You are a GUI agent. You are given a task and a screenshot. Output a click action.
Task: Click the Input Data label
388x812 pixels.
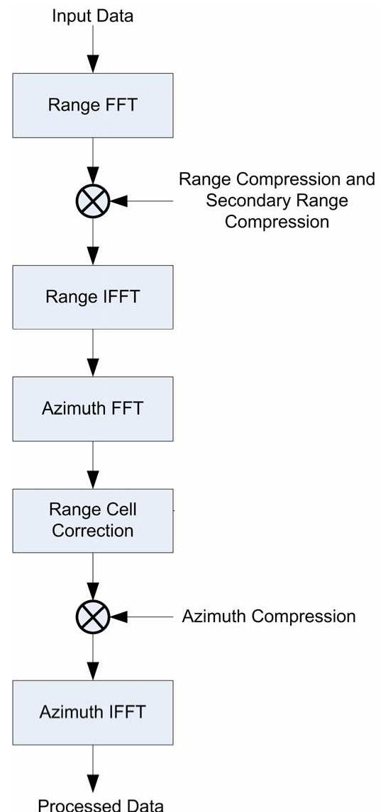click(92, 16)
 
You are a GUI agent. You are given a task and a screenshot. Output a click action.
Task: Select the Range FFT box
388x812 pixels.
click(92, 105)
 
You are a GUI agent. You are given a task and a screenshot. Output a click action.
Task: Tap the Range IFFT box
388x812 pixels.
click(92, 297)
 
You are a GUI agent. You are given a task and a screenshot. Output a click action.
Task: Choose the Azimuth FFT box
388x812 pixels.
click(92, 408)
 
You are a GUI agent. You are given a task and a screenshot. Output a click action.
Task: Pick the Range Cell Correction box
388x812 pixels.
click(92, 520)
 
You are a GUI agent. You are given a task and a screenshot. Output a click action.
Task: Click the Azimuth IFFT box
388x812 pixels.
click(92, 711)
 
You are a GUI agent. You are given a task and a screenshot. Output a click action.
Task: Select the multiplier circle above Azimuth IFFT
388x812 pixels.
click(92, 616)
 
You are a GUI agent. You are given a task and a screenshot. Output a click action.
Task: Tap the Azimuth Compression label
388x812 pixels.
click(268, 616)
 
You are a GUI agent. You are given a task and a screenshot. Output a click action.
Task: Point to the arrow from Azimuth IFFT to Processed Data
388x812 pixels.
click(92, 767)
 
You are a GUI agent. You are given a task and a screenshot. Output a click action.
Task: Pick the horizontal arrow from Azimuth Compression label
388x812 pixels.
click(142, 616)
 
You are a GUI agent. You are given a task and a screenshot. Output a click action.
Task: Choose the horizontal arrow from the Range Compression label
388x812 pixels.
click(142, 201)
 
